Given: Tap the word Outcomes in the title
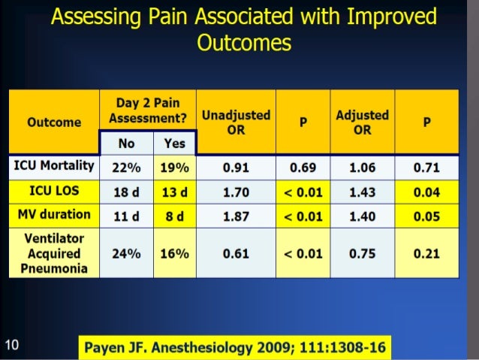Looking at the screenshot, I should [243, 43].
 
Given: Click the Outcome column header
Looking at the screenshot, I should [54, 123].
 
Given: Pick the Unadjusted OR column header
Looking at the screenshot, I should [236, 122].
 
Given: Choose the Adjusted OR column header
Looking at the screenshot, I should [362, 122].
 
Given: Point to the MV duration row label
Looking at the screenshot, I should [54, 215].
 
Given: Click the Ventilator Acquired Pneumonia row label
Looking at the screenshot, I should [54, 253].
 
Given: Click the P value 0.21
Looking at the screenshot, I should [426, 253].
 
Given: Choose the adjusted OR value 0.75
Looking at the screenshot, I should [362, 253].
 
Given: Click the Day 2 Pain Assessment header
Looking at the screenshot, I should [148, 110].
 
